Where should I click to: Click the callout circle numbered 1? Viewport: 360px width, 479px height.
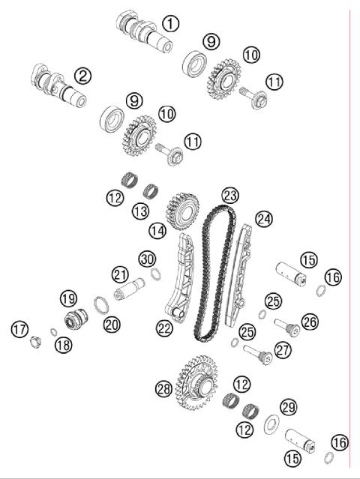click(x=172, y=23)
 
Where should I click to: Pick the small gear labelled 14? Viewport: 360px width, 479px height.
click(x=180, y=211)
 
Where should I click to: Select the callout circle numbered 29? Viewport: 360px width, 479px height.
click(x=289, y=407)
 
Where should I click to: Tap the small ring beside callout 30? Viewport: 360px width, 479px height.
click(x=154, y=274)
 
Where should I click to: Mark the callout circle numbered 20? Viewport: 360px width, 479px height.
click(x=112, y=324)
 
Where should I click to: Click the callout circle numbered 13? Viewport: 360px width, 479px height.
click(x=140, y=212)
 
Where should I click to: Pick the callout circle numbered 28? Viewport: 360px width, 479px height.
click(x=163, y=388)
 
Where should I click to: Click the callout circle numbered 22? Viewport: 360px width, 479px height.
click(x=165, y=327)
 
